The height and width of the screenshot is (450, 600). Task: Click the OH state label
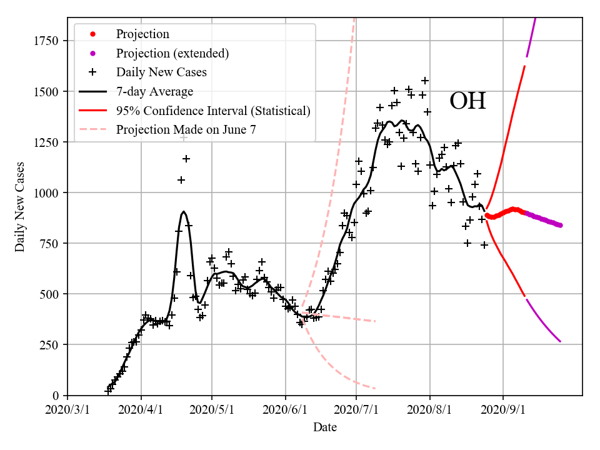[467, 101]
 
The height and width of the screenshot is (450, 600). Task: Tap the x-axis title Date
[324, 427]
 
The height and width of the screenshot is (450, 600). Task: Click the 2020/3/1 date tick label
[67, 409]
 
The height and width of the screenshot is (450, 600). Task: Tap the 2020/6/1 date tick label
[286, 409]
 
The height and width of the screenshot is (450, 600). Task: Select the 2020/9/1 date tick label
[503, 409]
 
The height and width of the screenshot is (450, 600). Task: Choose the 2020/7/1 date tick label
[356, 409]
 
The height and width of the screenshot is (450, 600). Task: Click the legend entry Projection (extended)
[172, 53]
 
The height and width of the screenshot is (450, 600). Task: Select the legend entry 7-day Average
[154, 92]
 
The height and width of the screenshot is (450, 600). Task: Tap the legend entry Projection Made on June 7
[186, 130]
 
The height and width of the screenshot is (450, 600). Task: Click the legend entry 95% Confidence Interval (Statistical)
[213, 111]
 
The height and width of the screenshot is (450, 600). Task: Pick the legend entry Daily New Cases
[161, 72]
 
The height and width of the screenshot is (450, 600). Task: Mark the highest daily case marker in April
[184, 137]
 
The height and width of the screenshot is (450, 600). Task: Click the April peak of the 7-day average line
[183, 212]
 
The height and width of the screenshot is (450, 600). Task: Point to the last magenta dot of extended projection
[561, 226]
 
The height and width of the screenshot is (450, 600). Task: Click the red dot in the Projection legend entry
[92, 34]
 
